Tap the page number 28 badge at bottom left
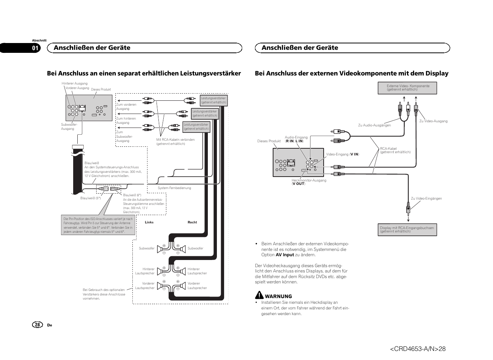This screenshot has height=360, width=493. point(37,325)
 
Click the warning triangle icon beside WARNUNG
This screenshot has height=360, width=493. point(259,295)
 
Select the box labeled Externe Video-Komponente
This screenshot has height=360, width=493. point(407,88)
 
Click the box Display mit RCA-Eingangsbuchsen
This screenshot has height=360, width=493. point(407,230)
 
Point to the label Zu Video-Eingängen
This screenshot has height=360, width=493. point(426,198)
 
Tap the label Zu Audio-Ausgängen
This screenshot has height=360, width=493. point(374,125)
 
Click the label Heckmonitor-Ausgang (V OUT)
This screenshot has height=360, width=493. point(309,182)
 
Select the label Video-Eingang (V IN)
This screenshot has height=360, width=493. point(342,154)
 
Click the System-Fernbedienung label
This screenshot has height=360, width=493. point(174,188)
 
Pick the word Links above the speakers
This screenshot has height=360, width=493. point(149,222)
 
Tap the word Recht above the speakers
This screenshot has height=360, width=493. point(192,222)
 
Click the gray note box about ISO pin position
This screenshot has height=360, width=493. point(98,225)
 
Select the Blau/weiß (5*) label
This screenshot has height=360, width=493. point(91,198)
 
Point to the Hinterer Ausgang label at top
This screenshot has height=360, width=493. point(74,83)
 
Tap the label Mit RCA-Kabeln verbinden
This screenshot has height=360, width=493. point(175,142)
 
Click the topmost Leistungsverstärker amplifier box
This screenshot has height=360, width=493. point(213,100)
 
